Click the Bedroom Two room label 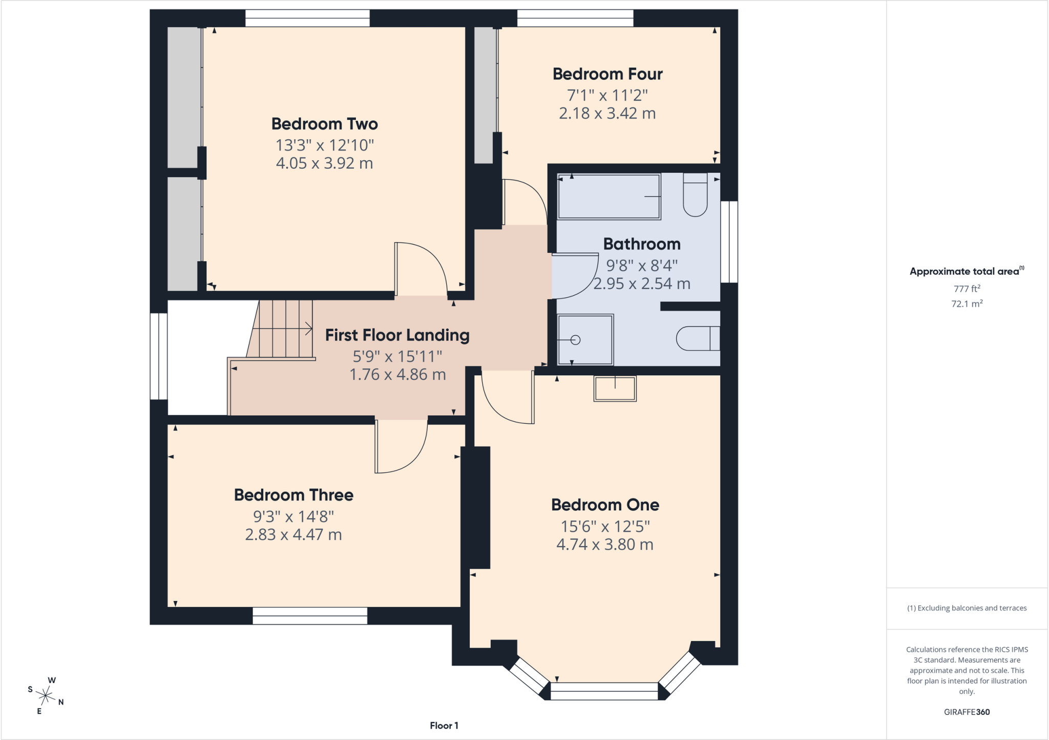pos(325,124)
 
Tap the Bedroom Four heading pos(607,74)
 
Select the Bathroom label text pos(642,244)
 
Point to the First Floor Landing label pos(397,335)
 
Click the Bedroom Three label pos(293,495)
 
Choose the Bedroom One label pos(605,505)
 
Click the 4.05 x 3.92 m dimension pos(325,163)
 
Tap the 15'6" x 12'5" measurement pos(605,526)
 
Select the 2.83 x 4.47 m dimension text pos(293,535)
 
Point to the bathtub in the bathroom pos(609,197)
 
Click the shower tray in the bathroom pos(585,340)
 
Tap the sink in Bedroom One pos(615,388)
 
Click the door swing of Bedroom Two pos(421,269)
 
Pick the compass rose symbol pos(46,695)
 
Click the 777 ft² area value pos(967,289)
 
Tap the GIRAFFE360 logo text pos(967,712)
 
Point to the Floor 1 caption pos(444,726)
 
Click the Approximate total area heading pos(967,271)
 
